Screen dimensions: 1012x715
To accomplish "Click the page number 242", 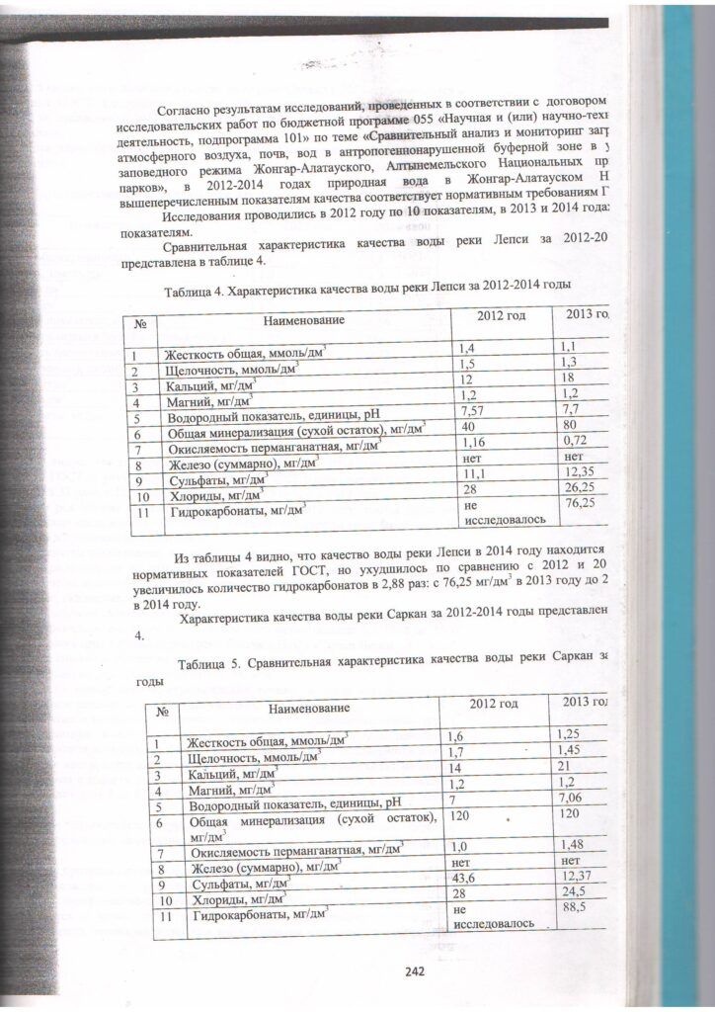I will coord(414,970).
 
